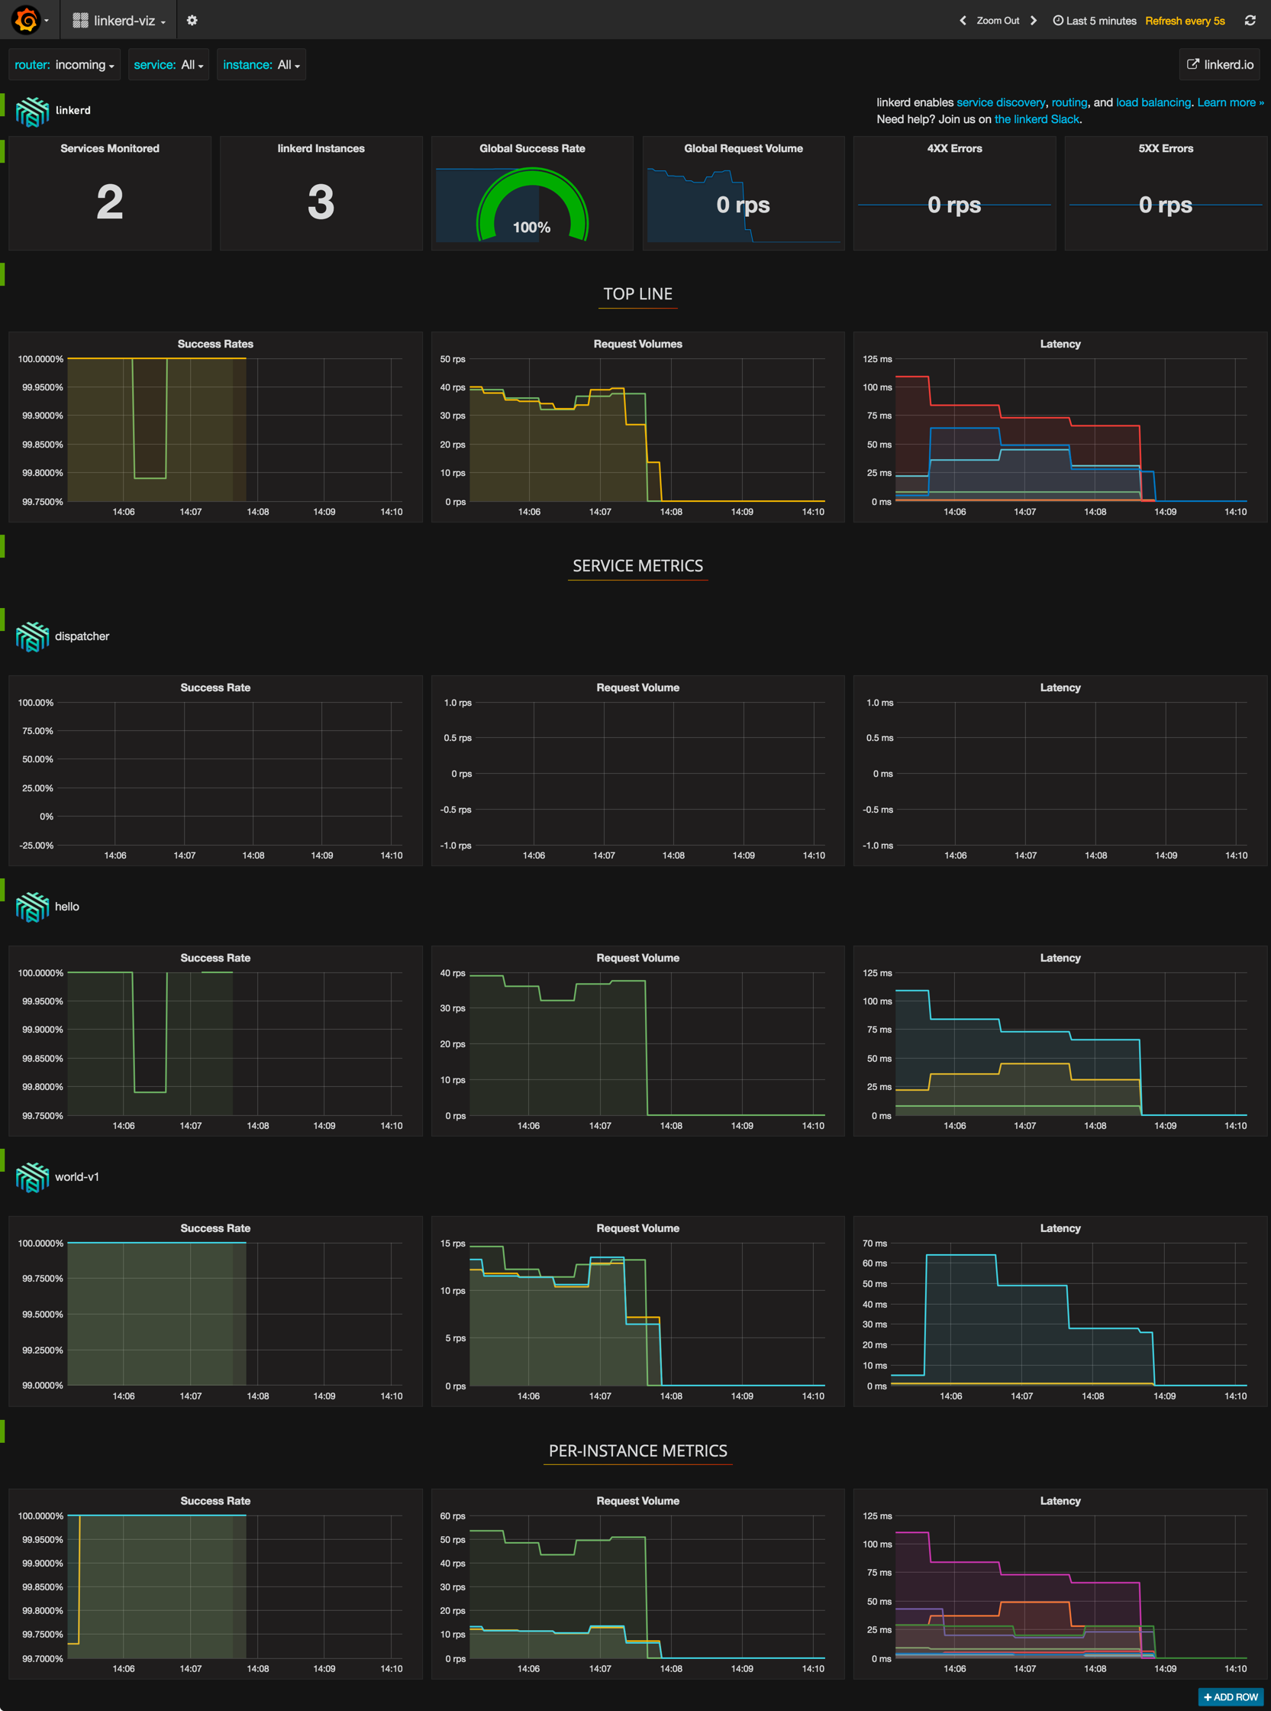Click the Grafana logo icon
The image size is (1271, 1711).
pyautogui.click(x=26, y=20)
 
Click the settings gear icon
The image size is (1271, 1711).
pyautogui.click(x=192, y=21)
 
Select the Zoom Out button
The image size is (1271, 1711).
pyautogui.click(x=997, y=21)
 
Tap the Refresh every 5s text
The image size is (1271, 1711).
pyautogui.click(x=1184, y=21)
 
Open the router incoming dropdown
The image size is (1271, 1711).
pyautogui.click(x=65, y=65)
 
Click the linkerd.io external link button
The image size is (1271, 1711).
pyautogui.click(x=1220, y=65)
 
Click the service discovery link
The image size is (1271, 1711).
pyautogui.click(x=1000, y=102)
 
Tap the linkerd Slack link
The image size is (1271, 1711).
pyautogui.click(x=1037, y=119)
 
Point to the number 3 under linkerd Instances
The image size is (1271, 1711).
pyautogui.click(x=321, y=202)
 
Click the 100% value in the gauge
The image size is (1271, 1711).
pyautogui.click(x=531, y=227)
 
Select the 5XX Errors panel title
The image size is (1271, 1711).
pyautogui.click(x=1165, y=148)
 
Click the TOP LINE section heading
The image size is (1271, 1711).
pyautogui.click(x=638, y=294)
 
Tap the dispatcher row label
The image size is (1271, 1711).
pyautogui.click(x=82, y=636)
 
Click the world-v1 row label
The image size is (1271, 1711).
pyautogui.click(x=77, y=1177)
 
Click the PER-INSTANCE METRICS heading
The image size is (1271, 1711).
pyautogui.click(x=638, y=1451)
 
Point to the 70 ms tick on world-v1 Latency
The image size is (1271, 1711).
pyautogui.click(x=875, y=1243)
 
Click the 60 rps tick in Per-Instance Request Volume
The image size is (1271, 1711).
pyautogui.click(x=453, y=1515)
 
